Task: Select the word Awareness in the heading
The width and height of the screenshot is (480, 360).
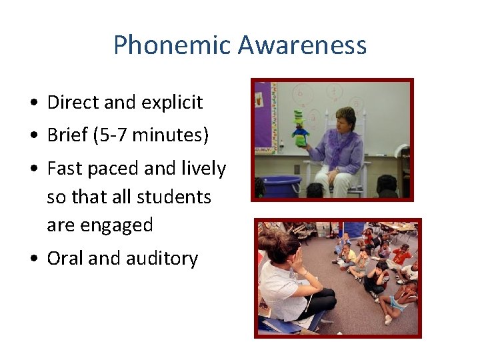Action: (x=302, y=45)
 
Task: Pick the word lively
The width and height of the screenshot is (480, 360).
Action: (x=203, y=169)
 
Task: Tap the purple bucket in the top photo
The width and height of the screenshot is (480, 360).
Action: (x=281, y=185)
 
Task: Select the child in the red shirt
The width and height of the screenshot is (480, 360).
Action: (x=401, y=256)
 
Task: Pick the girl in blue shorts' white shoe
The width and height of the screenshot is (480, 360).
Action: (x=387, y=319)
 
